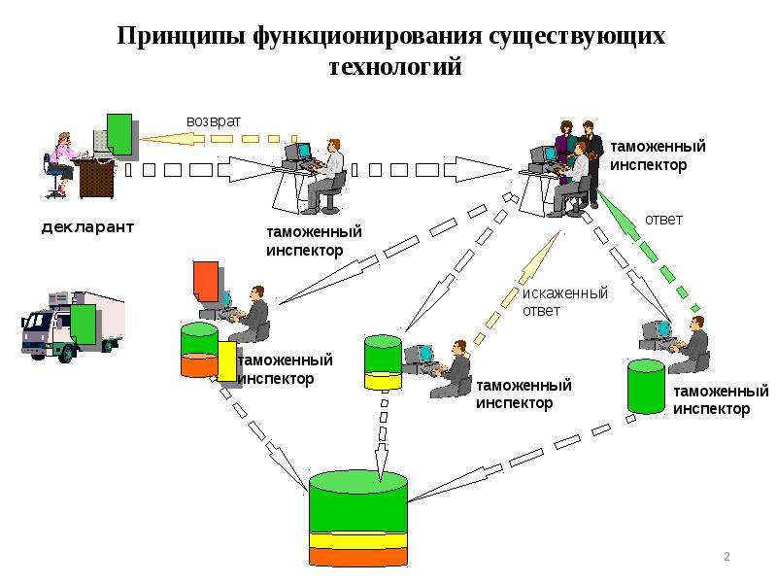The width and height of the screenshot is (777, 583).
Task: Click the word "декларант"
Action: point(87,227)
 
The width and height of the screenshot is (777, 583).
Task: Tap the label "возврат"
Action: point(214,121)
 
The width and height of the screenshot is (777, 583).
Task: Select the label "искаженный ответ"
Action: point(565,302)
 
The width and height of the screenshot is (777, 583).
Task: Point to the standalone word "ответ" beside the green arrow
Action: point(663,220)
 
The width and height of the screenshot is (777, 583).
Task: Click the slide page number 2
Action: point(726,556)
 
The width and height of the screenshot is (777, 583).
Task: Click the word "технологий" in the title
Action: point(395,66)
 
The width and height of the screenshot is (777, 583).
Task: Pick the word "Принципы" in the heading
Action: point(181,37)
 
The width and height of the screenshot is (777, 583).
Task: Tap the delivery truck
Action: point(73,326)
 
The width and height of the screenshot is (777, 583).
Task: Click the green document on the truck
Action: point(83,324)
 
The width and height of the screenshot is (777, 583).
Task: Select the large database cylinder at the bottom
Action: point(358,519)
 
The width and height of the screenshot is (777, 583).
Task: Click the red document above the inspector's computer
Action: point(206,282)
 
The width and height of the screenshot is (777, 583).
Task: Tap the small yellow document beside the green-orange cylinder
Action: point(227,361)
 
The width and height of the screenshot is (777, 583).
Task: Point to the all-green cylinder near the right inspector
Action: point(646,387)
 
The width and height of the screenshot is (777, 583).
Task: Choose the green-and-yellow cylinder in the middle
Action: point(383,362)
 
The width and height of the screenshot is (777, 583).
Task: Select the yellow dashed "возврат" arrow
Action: point(218,139)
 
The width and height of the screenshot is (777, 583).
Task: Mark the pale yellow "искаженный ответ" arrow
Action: point(518,288)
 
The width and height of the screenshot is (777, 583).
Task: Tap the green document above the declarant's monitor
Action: point(119,134)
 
